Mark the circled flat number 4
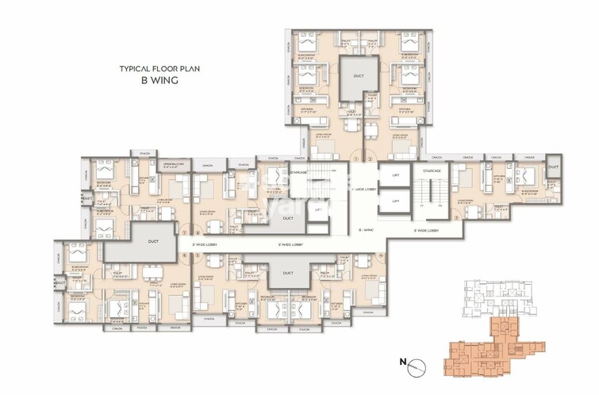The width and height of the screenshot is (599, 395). click(382, 255)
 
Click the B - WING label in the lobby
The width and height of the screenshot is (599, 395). click(366, 229)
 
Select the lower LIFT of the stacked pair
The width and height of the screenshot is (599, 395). click(394, 201)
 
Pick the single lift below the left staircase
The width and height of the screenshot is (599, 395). click(317, 209)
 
